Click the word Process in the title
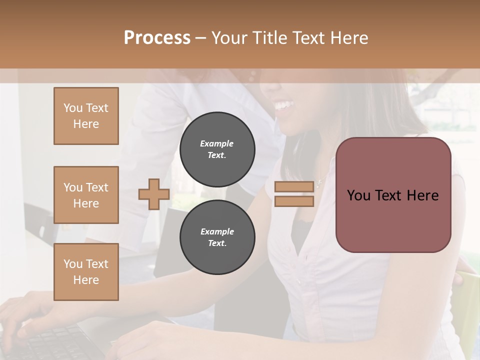(x=157, y=38)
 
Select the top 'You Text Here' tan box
(x=86, y=116)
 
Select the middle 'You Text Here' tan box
(x=86, y=195)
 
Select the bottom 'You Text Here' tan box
(x=86, y=272)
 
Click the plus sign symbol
(x=153, y=194)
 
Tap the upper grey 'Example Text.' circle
(x=217, y=149)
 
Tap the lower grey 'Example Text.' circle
(x=217, y=237)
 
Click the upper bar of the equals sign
(x=294, y=186)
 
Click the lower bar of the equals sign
(x=294, y=201)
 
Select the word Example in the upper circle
(x=217, y=143)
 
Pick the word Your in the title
(x=229, y=38)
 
